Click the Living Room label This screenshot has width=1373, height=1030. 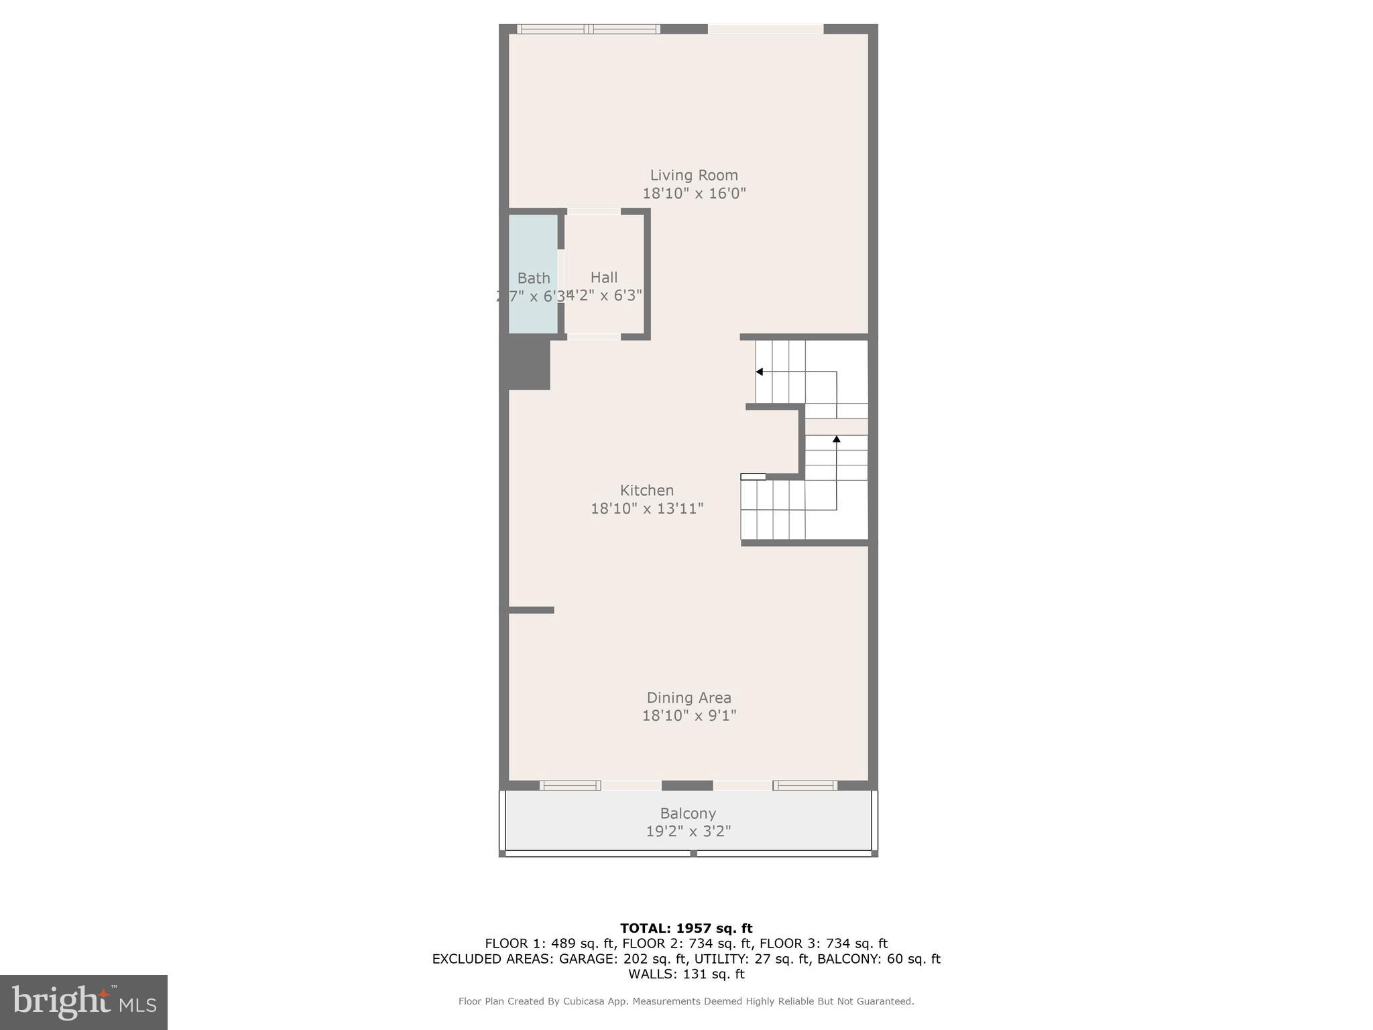tap(694, 175)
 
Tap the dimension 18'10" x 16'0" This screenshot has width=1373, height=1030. tap(694, 193)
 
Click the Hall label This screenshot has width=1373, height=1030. tap(604, 277)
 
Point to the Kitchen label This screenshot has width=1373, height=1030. tap(646, 490)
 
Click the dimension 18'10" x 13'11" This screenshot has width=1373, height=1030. tap(646, 508)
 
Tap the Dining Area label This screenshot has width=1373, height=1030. tap(689, 697)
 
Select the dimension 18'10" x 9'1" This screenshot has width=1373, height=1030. tap(689, 716)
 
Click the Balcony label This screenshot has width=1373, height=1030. tap(688, 813)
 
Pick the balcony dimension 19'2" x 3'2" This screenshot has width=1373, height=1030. tap(688, 832)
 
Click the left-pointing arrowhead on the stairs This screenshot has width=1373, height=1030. tap(760, 371)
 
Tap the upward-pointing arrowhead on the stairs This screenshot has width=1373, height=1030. tap(836, 439)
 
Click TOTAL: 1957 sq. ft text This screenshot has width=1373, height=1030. tap(686, 928)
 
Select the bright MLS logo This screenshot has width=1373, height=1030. tap(84, 1002)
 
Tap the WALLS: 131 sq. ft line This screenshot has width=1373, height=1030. tap(686, 974)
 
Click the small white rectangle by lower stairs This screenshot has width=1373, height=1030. tap(753, 477)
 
